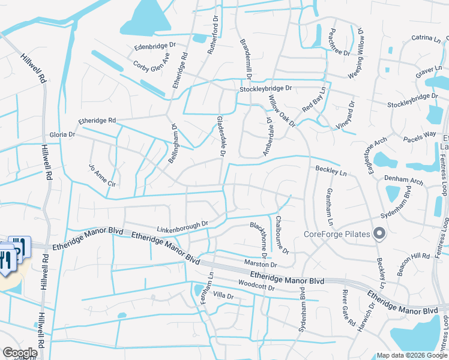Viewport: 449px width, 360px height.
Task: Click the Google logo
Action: click(20, 353)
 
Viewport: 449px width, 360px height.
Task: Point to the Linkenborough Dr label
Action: click(182, 226)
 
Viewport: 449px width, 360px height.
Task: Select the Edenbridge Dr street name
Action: click(155, 46)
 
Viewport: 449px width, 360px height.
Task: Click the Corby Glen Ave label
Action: click(152, 60)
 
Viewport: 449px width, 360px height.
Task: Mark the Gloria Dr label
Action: click(62, 134)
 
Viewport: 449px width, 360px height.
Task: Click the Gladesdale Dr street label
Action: click(221, 137)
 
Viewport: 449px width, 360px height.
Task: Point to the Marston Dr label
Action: click(261, 263)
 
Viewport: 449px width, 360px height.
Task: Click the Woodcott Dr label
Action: click(256, 287)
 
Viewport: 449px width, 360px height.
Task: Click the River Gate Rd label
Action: click(348, 308)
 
